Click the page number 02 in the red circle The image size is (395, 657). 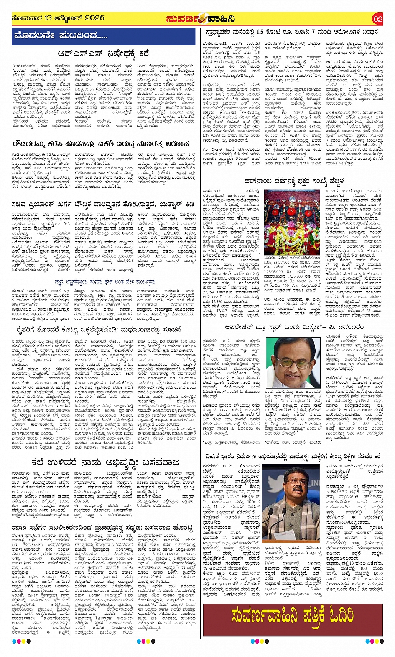tap(377, 19)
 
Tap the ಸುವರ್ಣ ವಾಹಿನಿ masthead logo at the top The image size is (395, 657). tap(200, 19)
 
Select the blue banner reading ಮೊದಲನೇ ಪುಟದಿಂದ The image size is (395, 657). tap(103, 36)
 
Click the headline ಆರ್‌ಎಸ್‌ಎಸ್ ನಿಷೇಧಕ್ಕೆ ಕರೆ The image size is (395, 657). tap(103, 54)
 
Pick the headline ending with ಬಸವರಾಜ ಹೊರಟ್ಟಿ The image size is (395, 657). tap(103, 528)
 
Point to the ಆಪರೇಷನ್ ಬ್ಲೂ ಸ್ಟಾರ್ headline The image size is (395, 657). tap(294, 327)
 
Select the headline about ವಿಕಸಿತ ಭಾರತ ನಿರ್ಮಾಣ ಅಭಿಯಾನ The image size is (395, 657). tap(293, 456)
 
